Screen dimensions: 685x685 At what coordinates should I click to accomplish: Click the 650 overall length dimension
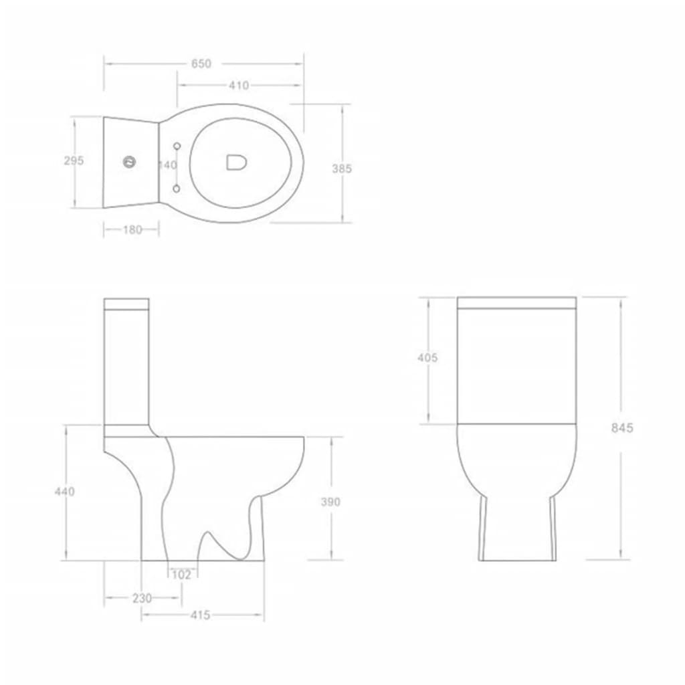[201, 64]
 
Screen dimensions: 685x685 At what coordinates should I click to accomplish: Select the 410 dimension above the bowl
[238, 86]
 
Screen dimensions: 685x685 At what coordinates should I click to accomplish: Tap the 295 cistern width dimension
[74, 161]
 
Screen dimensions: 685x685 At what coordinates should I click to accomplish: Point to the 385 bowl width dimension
[342, 169]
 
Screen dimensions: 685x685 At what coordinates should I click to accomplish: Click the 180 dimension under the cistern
[132, 229]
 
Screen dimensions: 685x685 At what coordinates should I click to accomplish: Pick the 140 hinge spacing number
[168, 165]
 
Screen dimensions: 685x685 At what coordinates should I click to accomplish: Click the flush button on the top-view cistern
[129, 161]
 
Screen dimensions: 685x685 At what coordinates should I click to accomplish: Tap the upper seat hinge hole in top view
[177, 145]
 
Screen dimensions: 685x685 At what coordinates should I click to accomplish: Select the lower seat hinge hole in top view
[177, 189]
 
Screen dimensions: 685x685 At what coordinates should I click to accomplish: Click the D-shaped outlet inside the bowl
[235, 162]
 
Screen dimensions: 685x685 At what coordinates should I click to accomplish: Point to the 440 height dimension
[65, 492]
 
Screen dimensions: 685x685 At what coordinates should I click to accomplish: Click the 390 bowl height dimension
[330, 502]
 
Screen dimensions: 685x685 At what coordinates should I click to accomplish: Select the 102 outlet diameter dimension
[181, 575]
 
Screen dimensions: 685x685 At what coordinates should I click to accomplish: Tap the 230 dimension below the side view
[142, 598]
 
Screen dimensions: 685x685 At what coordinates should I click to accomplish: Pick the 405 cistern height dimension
[427, 358]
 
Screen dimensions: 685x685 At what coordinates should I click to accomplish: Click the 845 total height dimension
[621, 428]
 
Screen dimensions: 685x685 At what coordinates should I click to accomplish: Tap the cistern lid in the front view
[516, 303]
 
